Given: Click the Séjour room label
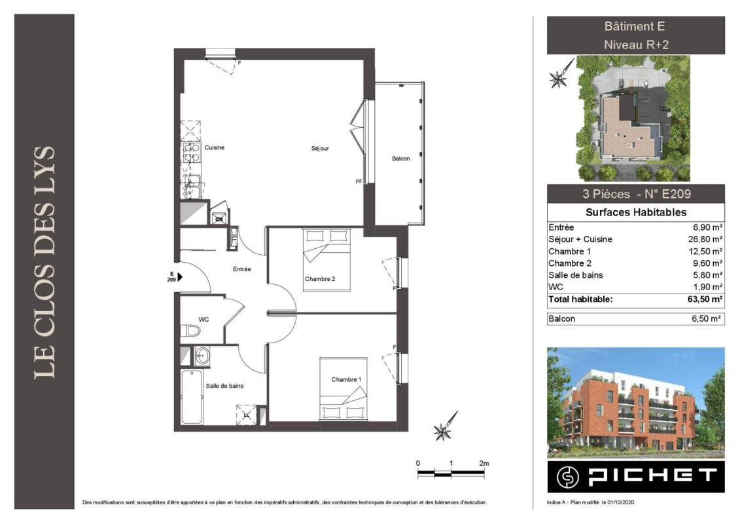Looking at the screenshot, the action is coord(320,149).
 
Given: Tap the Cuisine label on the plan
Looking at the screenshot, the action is coord(214,147).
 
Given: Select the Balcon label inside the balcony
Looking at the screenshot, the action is coord(400,159).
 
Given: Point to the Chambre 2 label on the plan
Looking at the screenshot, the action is coord(320,279).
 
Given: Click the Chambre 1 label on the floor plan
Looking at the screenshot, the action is coord(346,379).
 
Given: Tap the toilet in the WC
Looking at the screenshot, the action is coord(190,330).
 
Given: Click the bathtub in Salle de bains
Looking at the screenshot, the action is coord(192,397).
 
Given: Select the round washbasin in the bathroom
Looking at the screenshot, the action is coord(202,355).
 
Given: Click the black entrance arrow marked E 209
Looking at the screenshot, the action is coord(180,277).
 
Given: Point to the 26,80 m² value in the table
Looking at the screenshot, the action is coord(705,239).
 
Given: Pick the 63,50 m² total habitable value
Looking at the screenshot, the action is coord(705,299).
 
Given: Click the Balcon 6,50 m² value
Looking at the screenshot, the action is coord(707,318).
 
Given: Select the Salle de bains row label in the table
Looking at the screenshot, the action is coord(575,275).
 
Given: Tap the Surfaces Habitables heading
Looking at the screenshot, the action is coord(636,212).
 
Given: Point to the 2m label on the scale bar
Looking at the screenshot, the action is coord(484,463).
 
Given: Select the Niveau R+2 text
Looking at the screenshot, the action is coord(636,45).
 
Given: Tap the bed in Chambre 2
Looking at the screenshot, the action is coord(326,259).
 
